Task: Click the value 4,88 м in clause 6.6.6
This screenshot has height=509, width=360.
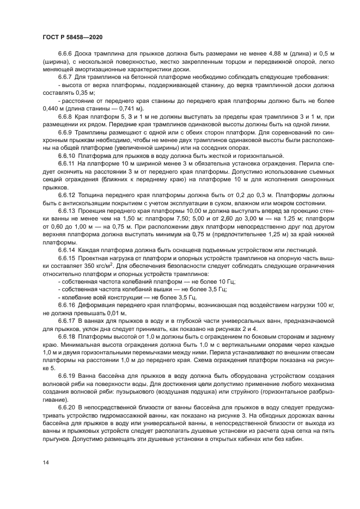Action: point(246,54)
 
